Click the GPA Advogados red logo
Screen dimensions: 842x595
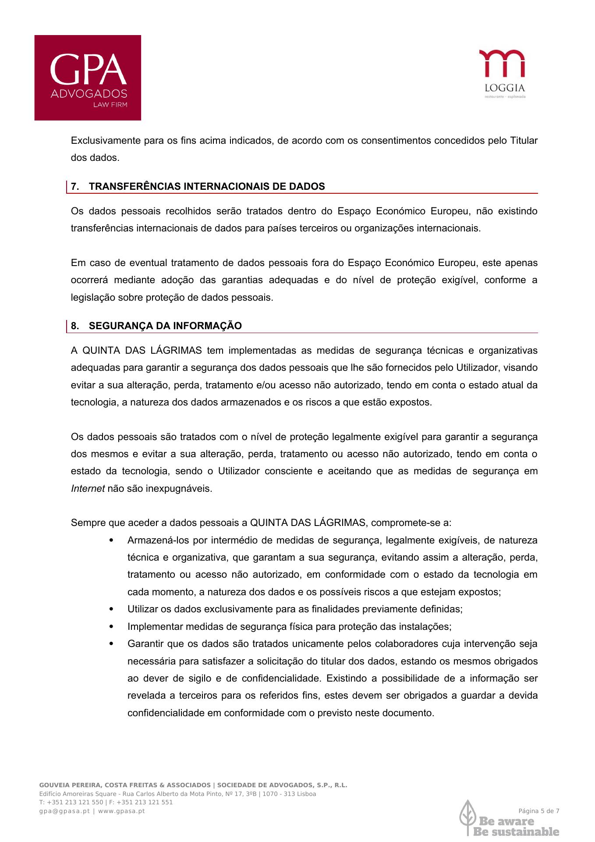[88, 78]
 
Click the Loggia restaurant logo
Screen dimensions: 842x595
[502, 73]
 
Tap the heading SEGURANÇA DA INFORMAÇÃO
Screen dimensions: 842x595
[165, 326]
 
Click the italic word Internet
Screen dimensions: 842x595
[88, 488]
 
